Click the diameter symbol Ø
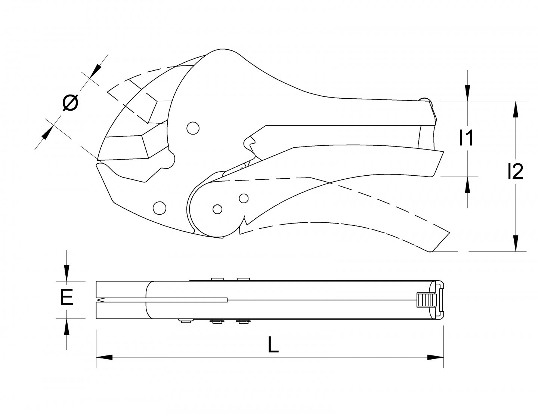click(x=71, y=103)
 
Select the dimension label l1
click(x=467, y=138)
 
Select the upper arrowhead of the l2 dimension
click(x=516, y=110)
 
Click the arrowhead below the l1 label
click(x=468, y=185)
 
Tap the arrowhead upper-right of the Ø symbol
click(x=96, y=70)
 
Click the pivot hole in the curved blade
click(x=193, y=128)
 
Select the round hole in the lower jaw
click(x=160, y=208)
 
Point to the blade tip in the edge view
click(x=98, y=300)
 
